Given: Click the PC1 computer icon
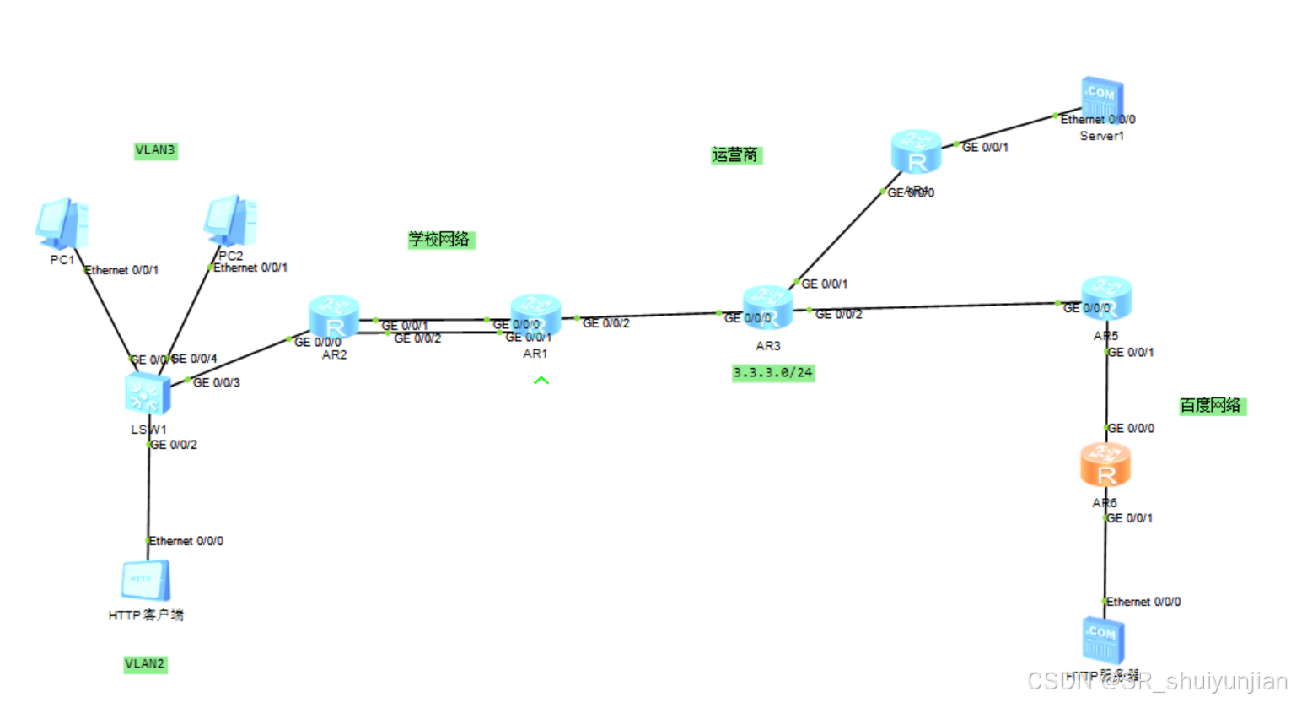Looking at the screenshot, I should tap(62, 224).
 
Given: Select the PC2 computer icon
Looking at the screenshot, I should tap(230, 221).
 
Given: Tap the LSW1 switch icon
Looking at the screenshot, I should tap(148, 394).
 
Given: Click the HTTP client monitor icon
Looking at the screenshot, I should tap(146, 581).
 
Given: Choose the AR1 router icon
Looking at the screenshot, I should tap(535, 315).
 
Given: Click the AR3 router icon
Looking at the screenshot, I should tap(767, 307).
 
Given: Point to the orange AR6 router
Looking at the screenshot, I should tap(1105, 465).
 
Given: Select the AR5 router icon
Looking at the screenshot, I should tap(1105, 297).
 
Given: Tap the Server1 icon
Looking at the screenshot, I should tap(1102, 99).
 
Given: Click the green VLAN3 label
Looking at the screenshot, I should tap(156, 150).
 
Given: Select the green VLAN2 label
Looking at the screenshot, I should tap(145, 664).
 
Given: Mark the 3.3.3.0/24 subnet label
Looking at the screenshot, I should tap(773, 372).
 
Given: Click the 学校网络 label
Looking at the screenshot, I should tap(441, 240).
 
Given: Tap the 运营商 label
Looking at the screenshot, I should tap(736, 154).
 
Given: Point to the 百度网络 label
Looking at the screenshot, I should tap(1212, 405).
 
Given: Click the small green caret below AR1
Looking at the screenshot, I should tap(541, 381).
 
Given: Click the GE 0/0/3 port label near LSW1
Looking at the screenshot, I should tap(217, 382).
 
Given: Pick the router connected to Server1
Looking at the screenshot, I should tap(916, 152).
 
